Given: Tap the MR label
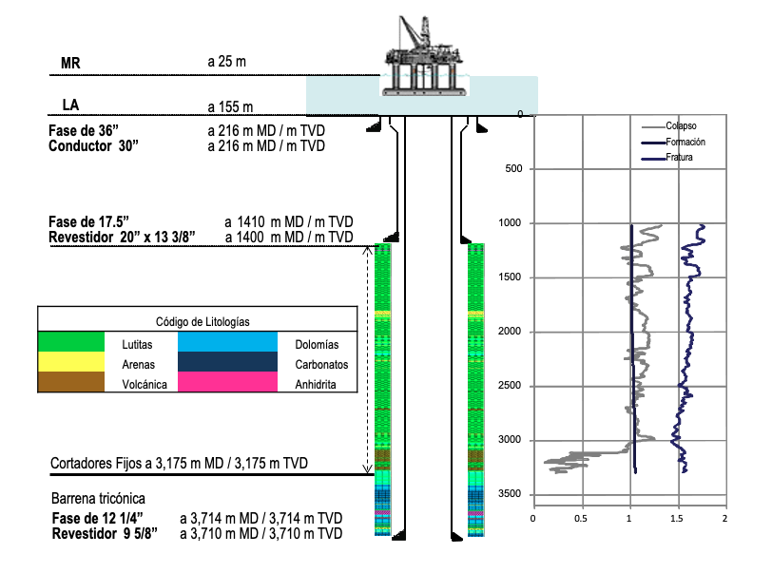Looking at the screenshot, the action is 70,63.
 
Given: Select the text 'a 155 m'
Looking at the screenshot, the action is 230,106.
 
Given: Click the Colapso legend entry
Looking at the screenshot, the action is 669,126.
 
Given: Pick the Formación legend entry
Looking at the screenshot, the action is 673,142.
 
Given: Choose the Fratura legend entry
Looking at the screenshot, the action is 667,158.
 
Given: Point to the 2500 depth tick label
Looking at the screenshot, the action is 509,386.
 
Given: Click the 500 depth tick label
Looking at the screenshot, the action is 513,168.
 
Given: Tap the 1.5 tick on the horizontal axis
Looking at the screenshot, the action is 677,518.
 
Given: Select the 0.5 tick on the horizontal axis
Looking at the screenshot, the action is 581,518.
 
